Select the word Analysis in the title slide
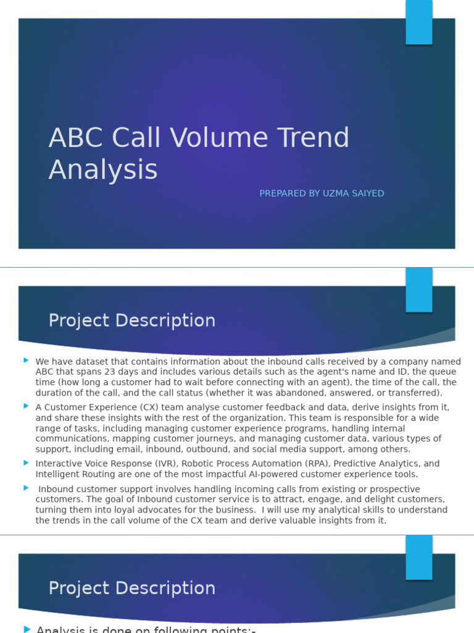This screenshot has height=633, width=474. pyautogui.click(x=103, y=170)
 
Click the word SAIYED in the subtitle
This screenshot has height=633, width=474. pyautogui.click(x=367, y=193)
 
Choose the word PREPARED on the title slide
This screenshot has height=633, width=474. pyautogui.click(x=281, y=193)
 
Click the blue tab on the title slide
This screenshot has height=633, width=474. pyautogui.click(x=418, y=22)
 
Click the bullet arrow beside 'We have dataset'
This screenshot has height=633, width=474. pyautogui.click(x=26, y=360)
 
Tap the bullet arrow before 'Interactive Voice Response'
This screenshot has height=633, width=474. pyautogui.click(x=26, y=462)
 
